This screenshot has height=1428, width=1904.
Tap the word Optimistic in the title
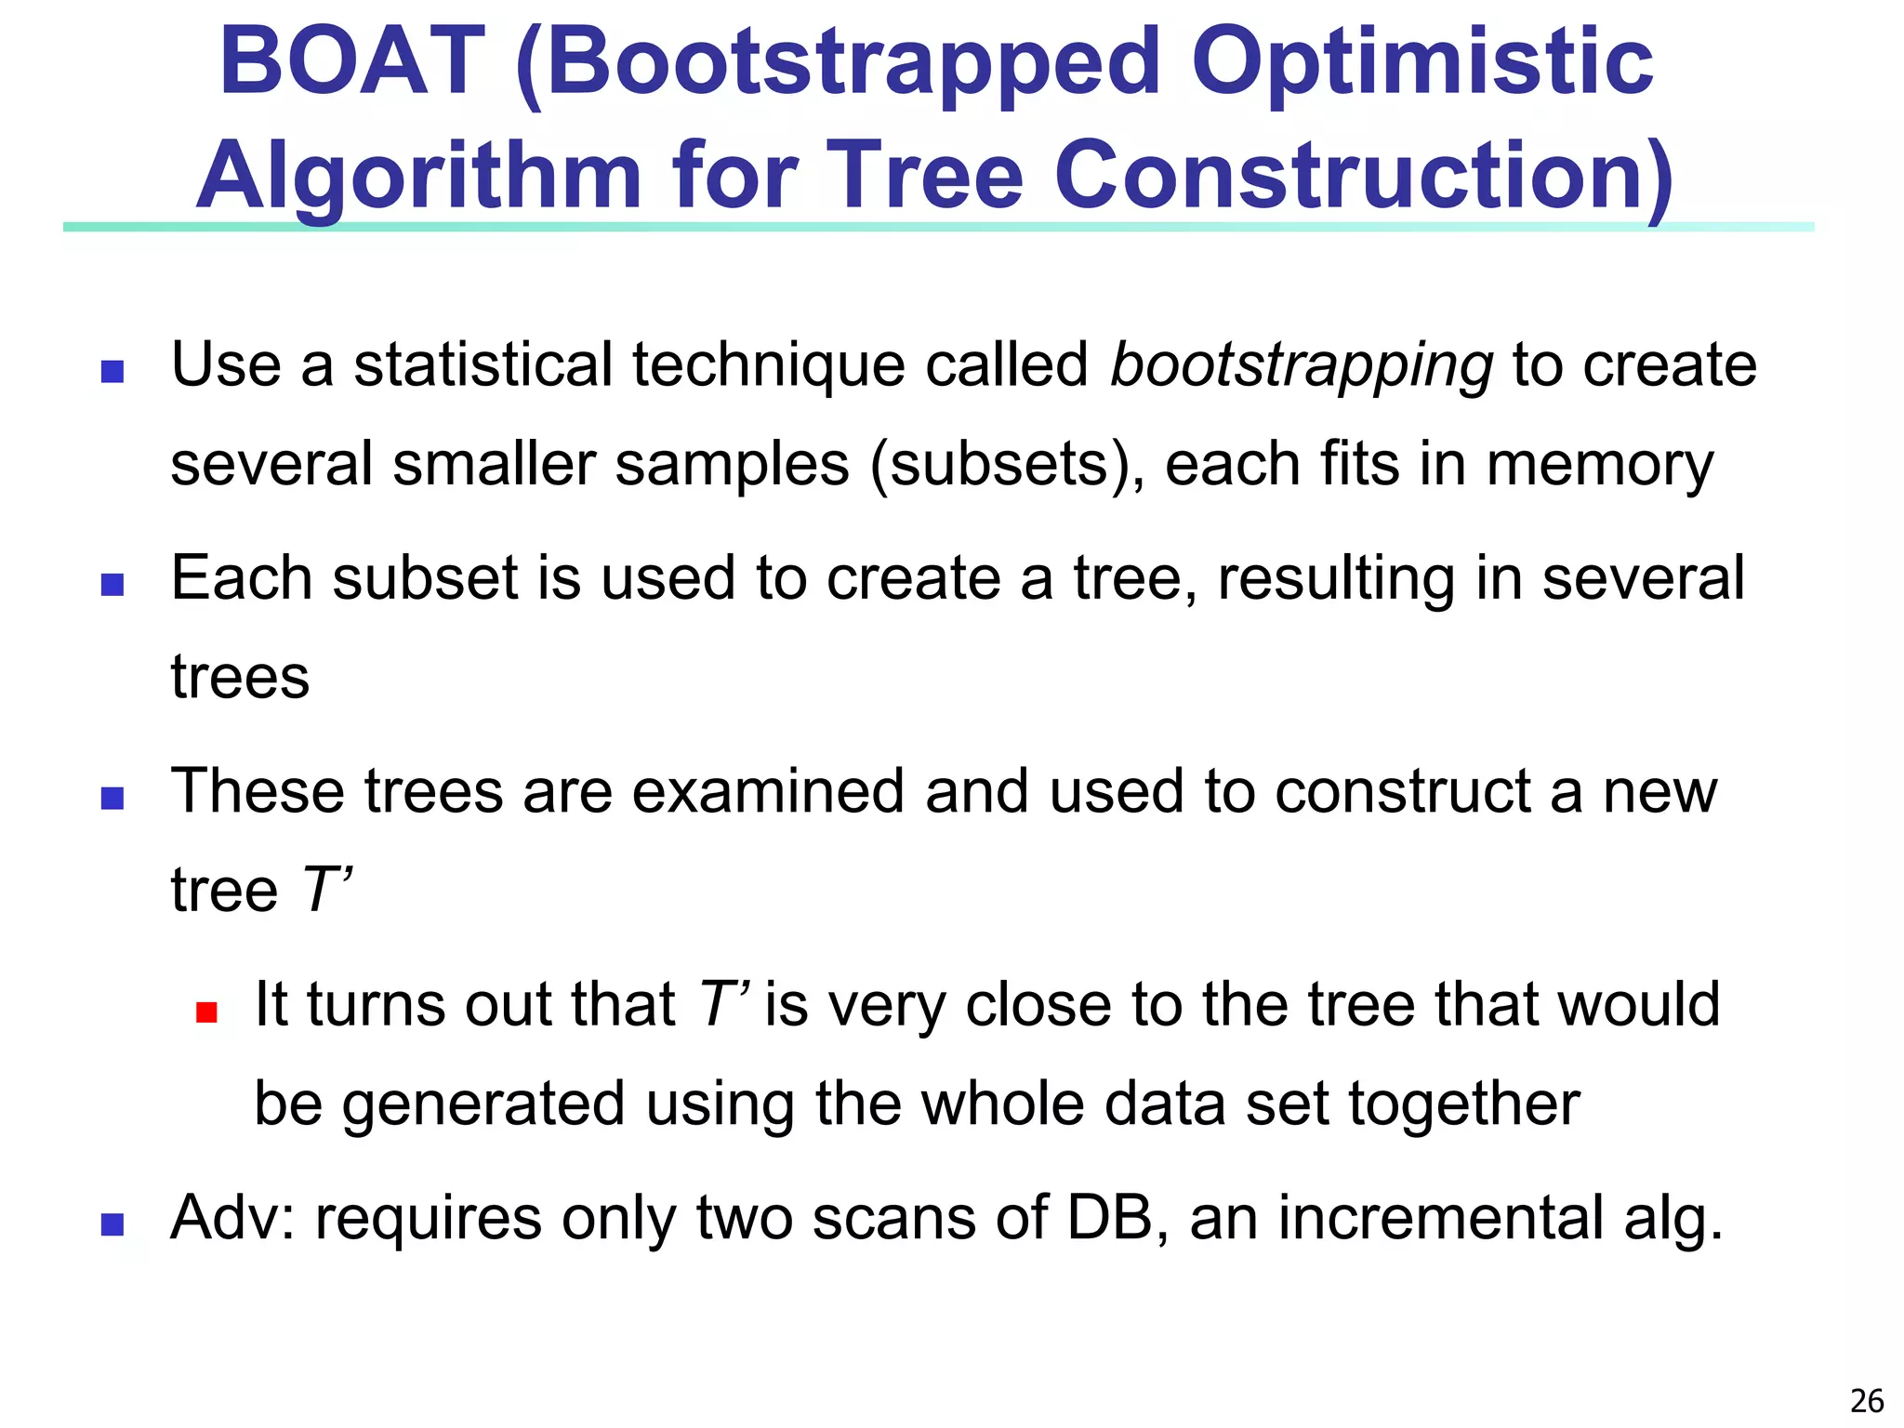coord(1421,63)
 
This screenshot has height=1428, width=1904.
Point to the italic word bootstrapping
coord(1302,364)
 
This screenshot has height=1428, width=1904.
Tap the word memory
coord(1599,464)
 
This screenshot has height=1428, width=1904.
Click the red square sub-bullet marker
coord(206,1011)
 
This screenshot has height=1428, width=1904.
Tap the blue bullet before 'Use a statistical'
coord(112,372)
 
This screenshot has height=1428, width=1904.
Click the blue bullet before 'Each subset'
coord(112,585)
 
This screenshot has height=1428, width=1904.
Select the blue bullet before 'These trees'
coord(112,799)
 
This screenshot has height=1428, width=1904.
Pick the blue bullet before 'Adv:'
coord(112,1224)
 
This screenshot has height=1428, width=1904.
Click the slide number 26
coord(1867,1400)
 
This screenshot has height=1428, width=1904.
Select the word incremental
coord(1440,1218)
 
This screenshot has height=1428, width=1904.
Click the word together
coord(1463,1104)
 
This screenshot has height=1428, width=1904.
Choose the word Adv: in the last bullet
coord(232,1218)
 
